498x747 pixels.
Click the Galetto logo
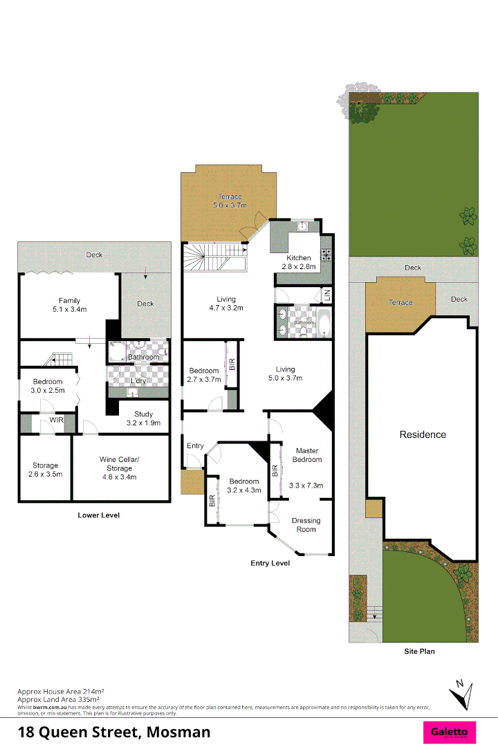450,731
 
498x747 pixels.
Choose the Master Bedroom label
307,455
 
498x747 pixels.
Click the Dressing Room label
306,525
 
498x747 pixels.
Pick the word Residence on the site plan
423,434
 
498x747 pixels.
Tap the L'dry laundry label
138,381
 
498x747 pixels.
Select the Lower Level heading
98,515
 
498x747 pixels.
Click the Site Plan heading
419,651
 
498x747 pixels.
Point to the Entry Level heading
270,563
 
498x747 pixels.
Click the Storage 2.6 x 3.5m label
45,470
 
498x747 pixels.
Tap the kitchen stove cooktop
326,253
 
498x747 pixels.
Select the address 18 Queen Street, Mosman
114,732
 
